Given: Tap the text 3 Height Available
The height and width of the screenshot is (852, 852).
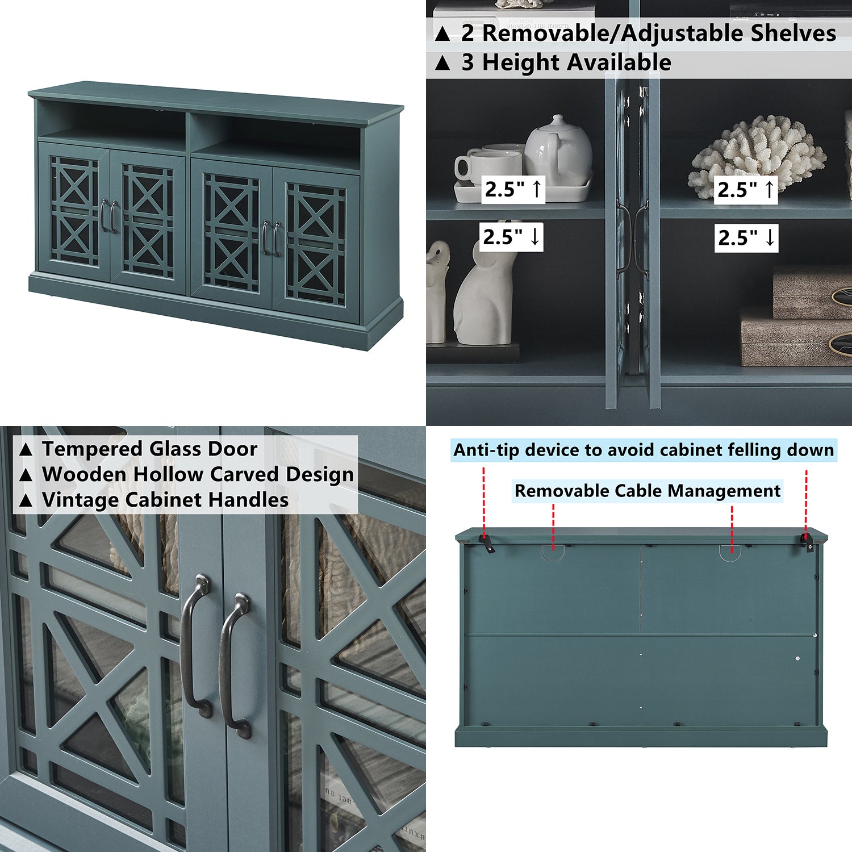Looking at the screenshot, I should (x=566, y=62).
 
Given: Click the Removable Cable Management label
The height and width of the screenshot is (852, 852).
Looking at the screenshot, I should (x=647, y=491).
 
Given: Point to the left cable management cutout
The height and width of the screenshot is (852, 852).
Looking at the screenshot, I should (x=553, y=552).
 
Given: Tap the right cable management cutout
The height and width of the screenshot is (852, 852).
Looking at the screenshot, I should (x=730, y=553).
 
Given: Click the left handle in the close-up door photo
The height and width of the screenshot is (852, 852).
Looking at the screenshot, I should (x=195, y=645).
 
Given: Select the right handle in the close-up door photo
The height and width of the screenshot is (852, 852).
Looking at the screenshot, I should (x=235, y=665).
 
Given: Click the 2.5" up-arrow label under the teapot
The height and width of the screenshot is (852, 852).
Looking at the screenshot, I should (x=513, y=189).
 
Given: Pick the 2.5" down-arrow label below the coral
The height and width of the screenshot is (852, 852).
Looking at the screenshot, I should (x=746, y=237).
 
